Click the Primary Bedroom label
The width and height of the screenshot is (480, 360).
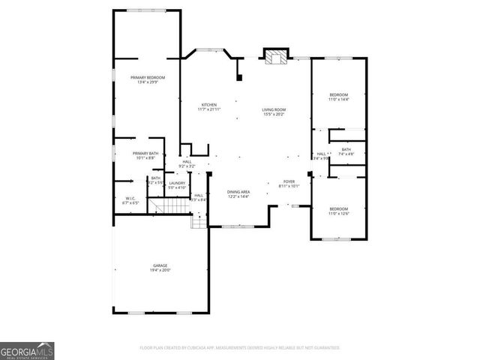pyautogui.click(x=147, y=78)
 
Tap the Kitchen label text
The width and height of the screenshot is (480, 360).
pyautogui.click(x=208, y=104)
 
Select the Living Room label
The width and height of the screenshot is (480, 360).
pyautogui.click(x=274, y=109)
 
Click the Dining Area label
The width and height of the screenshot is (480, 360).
pyautogui.click(x=238, y=191)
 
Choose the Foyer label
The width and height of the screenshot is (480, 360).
pyautogui.click(x=289, y=181)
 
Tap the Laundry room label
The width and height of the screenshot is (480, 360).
pyautogui.click(x=177, y=183)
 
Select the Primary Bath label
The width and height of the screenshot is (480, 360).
pyautogui.click(x=145, y=153)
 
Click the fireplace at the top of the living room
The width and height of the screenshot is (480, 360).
pyautogui.click(x=274, y=57)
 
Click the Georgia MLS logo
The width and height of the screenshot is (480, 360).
pyautogui.click(x=27, y=350)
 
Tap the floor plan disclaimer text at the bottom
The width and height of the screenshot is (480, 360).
pyautogui.click(x=240, y=348)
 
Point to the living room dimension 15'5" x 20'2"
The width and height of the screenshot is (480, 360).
pyautogui.click(x=274, y=115)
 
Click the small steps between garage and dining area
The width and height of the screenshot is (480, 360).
pyautogui.click(x=199, y=220)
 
